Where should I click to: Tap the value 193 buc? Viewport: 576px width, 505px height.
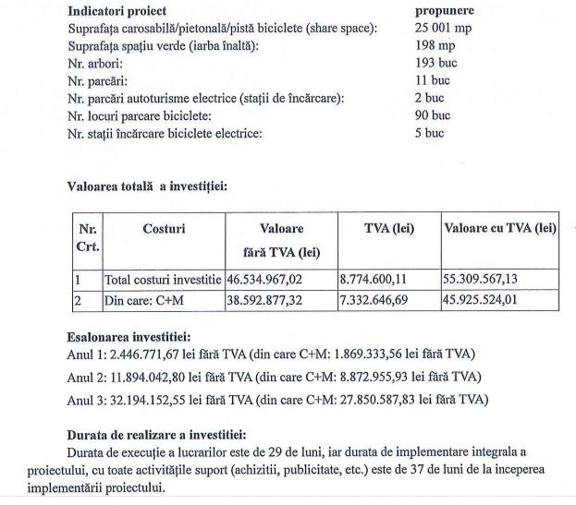tap(435, 64)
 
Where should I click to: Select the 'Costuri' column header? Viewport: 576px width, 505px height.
tap(164, 228)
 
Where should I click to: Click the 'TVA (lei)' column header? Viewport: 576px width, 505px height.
tap(388, 228)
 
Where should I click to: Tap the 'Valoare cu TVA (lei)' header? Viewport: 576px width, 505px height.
tap(500, 228)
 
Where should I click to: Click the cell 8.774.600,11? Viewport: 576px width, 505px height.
tap(380, 278)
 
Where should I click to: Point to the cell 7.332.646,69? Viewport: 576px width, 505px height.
tap(380, 300)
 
